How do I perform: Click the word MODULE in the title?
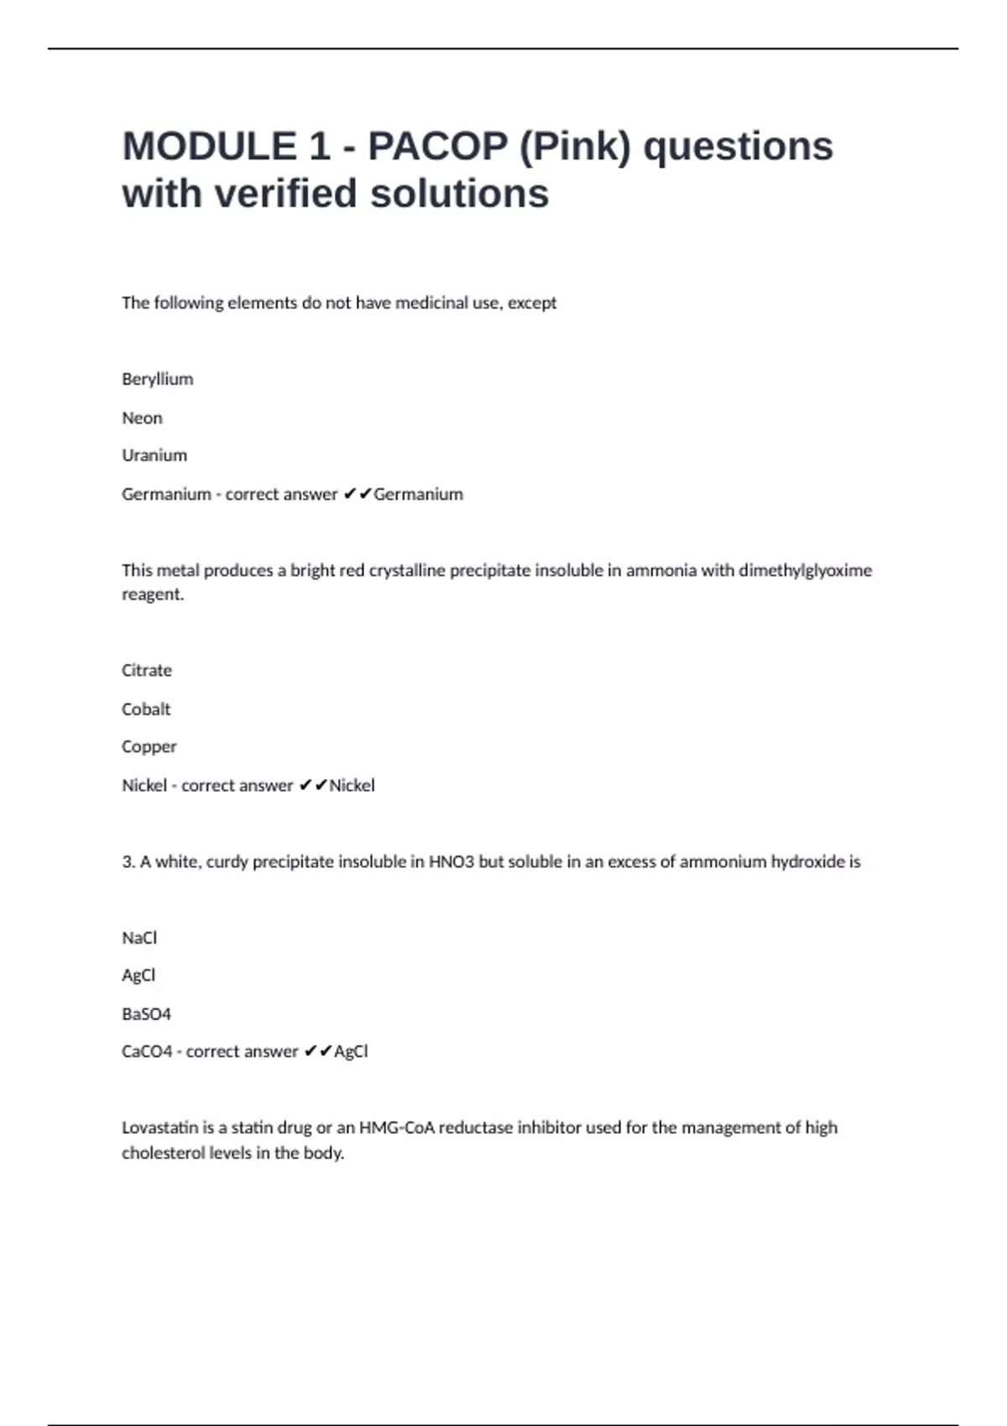click(x=209, y=146)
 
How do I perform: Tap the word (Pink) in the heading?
click(x=575, y=146)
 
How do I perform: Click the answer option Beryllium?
click(x=157, y=379)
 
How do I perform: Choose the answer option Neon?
click(x=142, y=418)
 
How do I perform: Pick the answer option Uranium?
click(x=154, y=455)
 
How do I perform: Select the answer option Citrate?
click(x=147, y=670)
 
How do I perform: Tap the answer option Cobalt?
click(x=146, y=709)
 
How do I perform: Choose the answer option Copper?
click(x=149, y=747)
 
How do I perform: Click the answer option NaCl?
click(x=139, y=938)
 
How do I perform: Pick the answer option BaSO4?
click(x=146, y=1014)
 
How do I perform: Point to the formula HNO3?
click(x=451, y=861)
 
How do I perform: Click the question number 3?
click(x=128, y=861)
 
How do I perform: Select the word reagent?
click(x=152, y=595)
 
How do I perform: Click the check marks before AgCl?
click(x=318, y=1052)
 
